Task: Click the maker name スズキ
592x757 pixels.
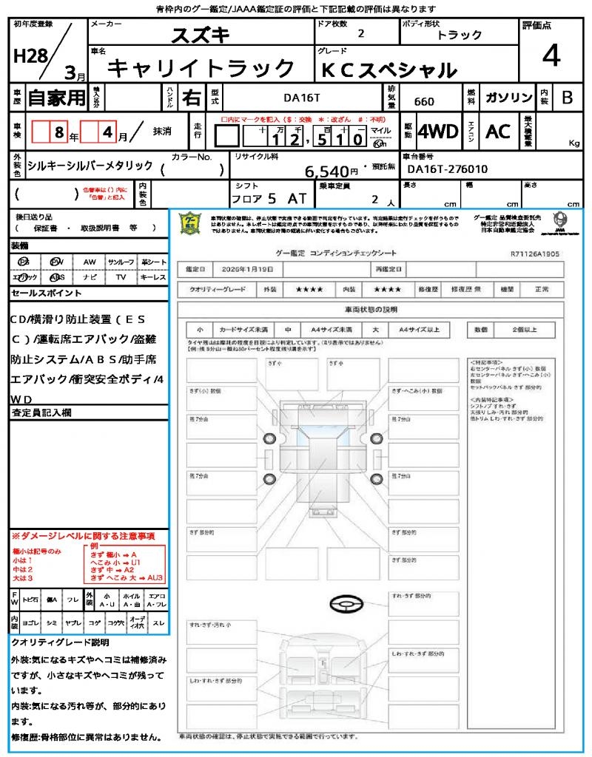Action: (x=201, y=35)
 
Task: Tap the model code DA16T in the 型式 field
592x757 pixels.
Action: (x=302, y=98)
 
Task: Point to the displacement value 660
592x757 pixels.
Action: (x=424, y=101)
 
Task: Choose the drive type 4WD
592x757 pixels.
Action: (x=437, y=132)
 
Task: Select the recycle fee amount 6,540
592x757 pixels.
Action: (x=326, y=172)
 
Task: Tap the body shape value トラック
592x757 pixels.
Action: (x=460, y=35)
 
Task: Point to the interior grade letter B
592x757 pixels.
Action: (x=567, y=98)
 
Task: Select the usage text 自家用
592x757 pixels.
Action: (x=57, y=98)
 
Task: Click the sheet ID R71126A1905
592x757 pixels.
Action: (x=534, y=253)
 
